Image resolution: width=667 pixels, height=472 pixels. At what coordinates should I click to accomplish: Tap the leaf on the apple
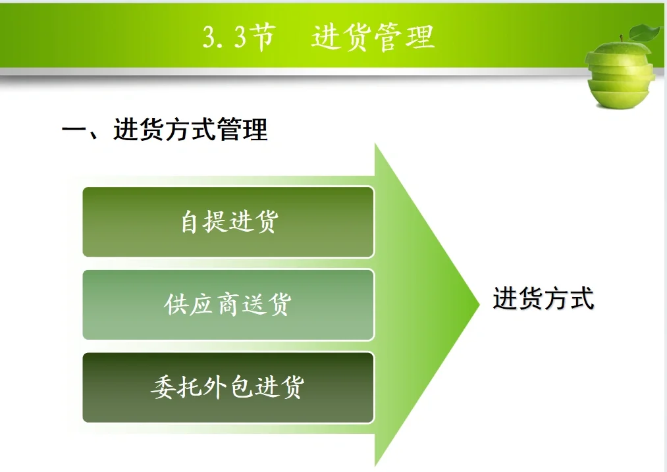coord(646,32)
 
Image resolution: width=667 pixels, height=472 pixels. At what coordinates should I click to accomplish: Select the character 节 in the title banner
coord(262,38)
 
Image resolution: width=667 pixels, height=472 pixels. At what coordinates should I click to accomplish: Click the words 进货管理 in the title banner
coord(373,38)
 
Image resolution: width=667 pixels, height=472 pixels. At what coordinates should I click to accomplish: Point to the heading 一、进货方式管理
coord(165,129)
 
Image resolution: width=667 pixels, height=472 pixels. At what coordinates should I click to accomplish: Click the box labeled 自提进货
coord(228,222)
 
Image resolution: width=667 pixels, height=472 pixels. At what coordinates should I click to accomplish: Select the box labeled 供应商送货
coord(228,304)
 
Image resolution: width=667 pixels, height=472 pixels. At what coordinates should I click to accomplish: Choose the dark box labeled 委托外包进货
coord(228,387)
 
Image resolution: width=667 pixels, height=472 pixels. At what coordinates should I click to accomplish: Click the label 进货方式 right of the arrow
coord(543,298)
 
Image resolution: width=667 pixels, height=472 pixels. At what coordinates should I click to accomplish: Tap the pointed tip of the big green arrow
coord(477,305)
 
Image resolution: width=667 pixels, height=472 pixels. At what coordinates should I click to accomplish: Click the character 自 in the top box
coord(190,222)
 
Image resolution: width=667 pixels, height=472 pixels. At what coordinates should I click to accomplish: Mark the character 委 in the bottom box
coord(163,387)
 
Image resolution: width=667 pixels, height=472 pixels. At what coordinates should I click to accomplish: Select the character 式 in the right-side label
coord(582,298)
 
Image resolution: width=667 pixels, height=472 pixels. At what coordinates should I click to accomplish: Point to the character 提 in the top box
coord(215,222)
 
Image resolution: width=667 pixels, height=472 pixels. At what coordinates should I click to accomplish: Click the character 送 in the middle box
coord(253,304)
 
